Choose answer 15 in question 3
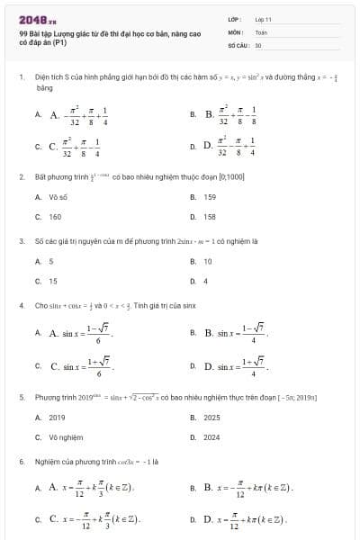tap(52, 281)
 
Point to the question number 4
tap(21, 305)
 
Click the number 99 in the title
tap(22, 33)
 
